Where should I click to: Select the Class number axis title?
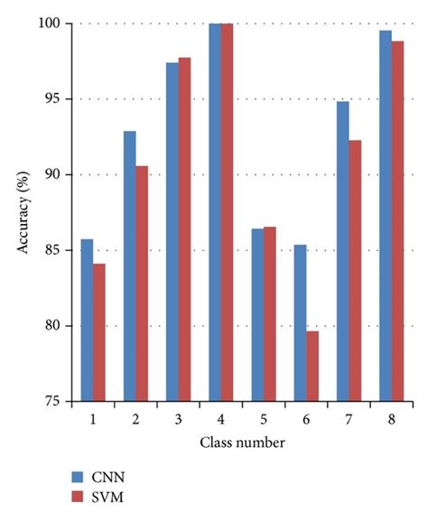click(244, 443)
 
